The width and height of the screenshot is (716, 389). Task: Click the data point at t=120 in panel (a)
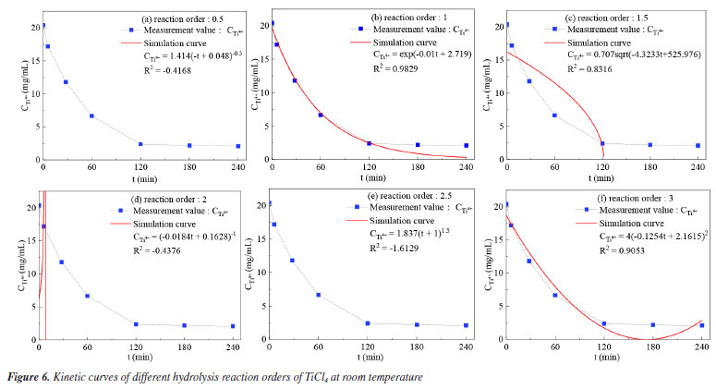(x=140, y=144)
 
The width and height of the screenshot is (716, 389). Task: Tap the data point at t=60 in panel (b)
(x=321, y=115)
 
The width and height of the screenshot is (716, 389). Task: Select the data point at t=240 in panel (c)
(x=698, y=145)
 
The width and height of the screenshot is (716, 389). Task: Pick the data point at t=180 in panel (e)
(x=416, y=324)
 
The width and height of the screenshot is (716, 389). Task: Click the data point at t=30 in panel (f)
(x=528, y=261)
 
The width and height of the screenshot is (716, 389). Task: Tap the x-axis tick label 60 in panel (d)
(x=87, y=347)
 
